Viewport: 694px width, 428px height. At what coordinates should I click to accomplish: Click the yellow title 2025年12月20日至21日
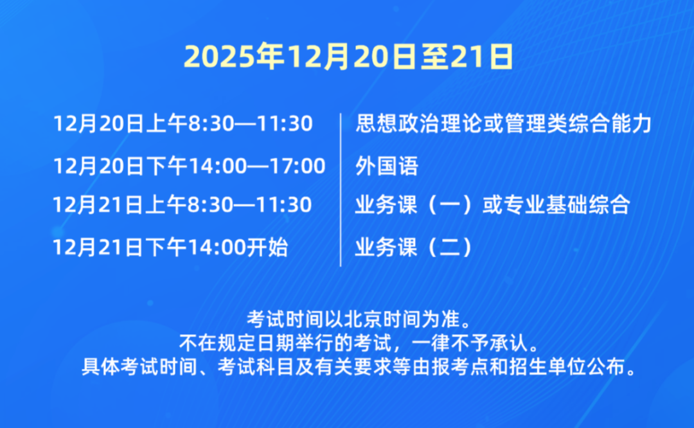click(x=348, y=57)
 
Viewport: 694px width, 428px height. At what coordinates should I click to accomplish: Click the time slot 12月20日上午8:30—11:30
click(x=182, y=123)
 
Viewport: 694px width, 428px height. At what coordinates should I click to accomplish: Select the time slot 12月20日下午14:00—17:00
click(x=189, y=166)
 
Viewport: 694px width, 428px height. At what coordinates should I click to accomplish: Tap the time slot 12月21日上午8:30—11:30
click(x=182, y=205)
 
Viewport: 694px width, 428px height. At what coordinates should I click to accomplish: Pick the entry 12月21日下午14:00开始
click(x=170, y=247)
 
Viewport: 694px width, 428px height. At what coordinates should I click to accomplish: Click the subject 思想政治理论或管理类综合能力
click(x=504, y=123)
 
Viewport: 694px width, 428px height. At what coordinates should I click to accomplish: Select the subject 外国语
click(x=387, y=166)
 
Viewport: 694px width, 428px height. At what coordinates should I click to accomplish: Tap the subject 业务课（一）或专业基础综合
click(x=493, y=205)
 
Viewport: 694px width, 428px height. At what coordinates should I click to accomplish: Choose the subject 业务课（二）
click(x=415, y=247)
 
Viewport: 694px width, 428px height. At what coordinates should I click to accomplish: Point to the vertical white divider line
click(x=341, y=190)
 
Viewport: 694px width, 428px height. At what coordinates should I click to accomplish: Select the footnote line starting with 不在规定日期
click(x=358, y=343)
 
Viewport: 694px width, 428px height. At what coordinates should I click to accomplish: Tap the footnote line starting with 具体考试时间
click(x=359, y=366)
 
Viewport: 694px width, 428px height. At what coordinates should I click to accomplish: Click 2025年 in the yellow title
click(x=234, y=57)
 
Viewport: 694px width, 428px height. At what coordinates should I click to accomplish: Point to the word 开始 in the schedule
click(x=267, y=247)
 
